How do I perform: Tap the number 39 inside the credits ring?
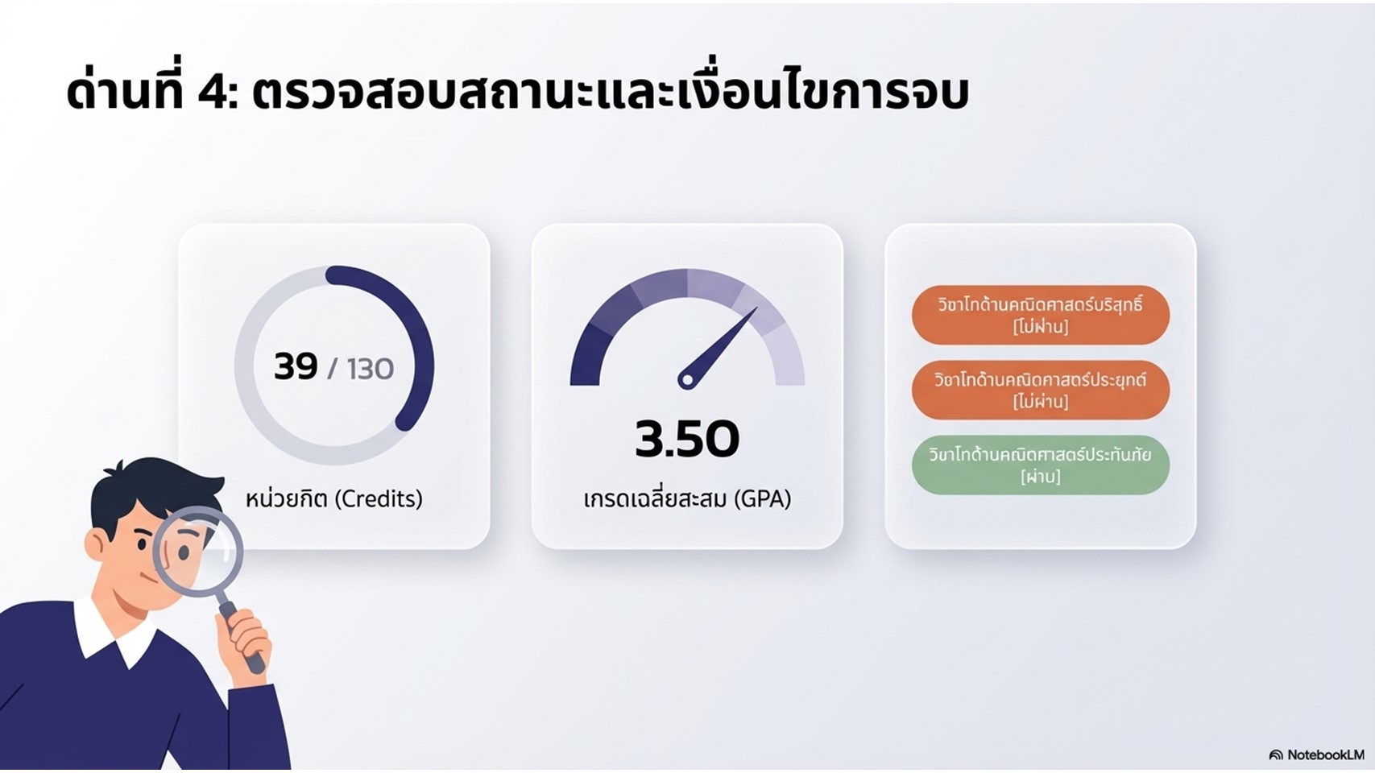[x=296, y=366]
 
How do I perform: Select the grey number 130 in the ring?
[x=370, y=369]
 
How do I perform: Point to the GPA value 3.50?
[x=687, y=439]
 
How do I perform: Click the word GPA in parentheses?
[x=761, y=498]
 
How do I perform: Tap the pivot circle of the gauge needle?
[x=688, y=380]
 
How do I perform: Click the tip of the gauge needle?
[x=757, y=308]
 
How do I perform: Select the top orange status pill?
[x=1041, y=315]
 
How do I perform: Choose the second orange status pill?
[x=1041, y=391]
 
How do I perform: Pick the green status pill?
[x=1041, y=465]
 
